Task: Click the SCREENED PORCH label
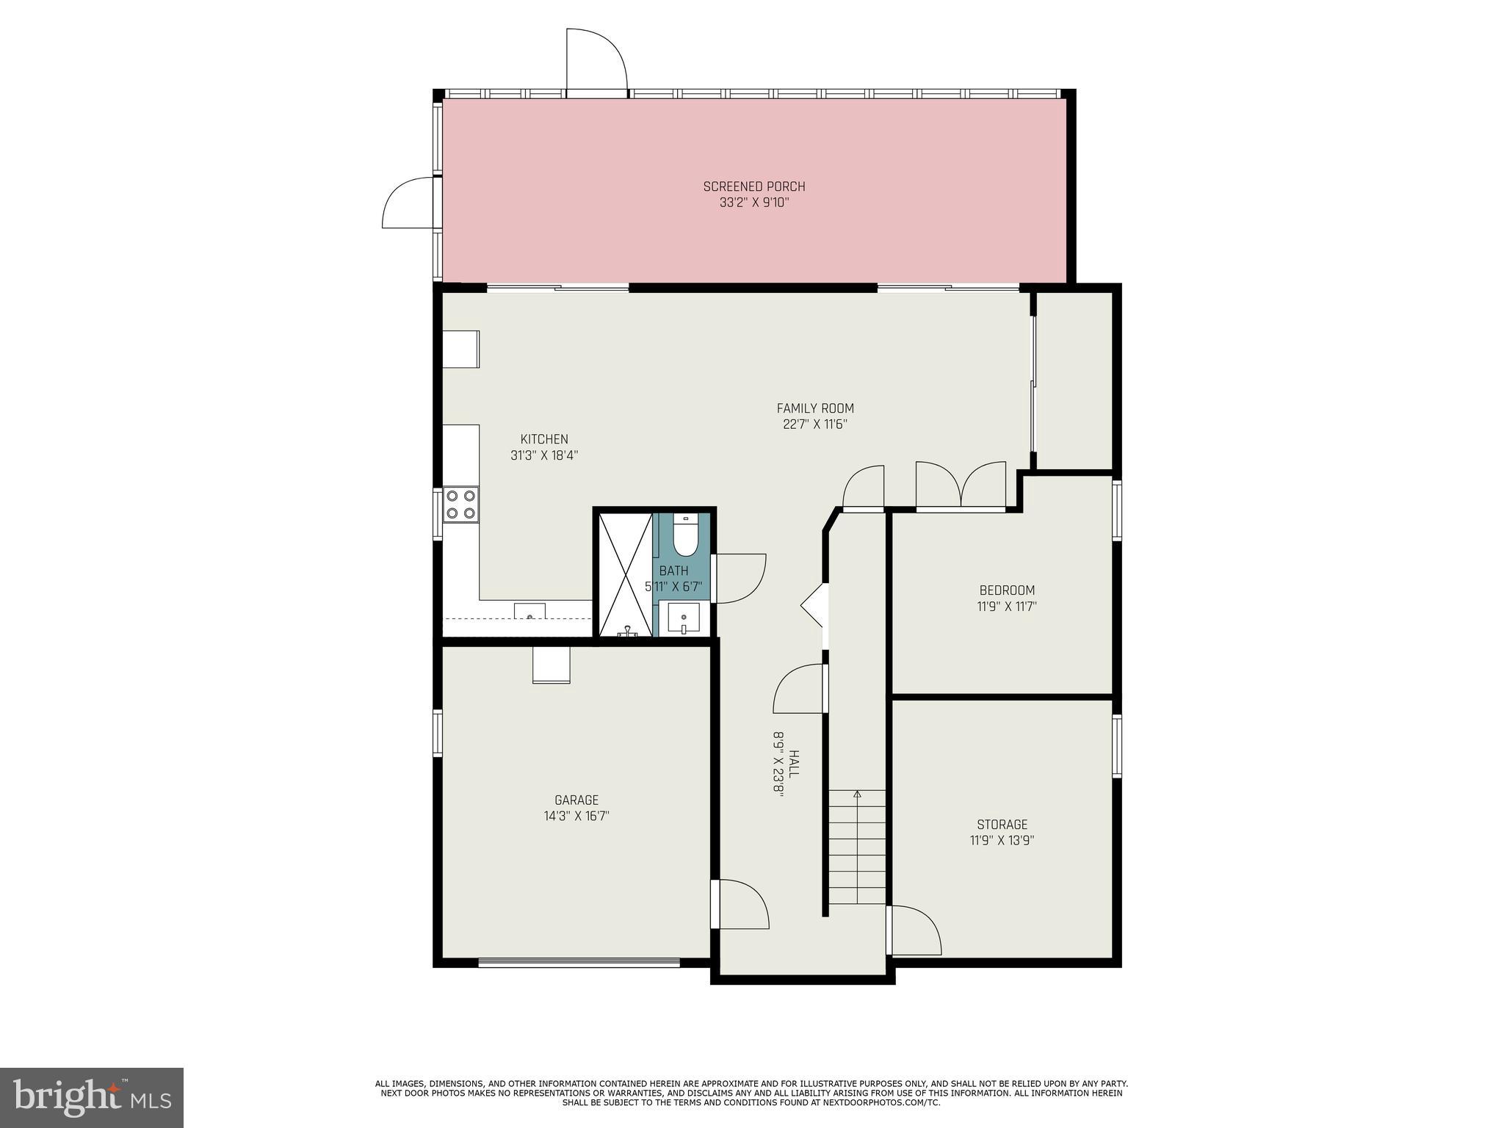coord(753,187)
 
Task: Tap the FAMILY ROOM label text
coord(815,408)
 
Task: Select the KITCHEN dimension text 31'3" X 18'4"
coord(544,455)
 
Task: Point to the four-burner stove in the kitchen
coord(461,505)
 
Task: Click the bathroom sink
coord(684,619)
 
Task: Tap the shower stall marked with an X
coord(625,574)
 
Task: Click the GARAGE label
coord(576,800)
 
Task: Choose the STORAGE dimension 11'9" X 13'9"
coord(1002,841)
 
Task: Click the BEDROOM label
coord(1007,590)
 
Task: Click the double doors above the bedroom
coord(961,486)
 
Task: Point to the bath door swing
coord(740,579)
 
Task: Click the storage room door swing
coord(915,930)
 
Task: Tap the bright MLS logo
coord(92,1097)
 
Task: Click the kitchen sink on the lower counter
coord(529,611)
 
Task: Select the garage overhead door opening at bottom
coord(579,962)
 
